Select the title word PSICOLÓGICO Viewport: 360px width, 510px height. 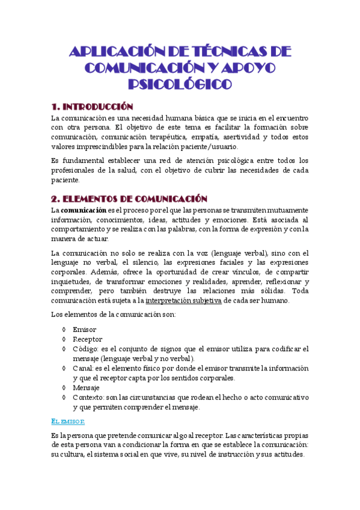(x=180, y=83)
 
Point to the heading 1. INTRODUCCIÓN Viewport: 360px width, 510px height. (x=100, y=106)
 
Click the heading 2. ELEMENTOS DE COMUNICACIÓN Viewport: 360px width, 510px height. (x=129, y=198)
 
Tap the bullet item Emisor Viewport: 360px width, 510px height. (x=84, y=330)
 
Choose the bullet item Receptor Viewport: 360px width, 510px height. (x=88, y=339)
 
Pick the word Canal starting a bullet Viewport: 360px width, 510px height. (x=83, y=368)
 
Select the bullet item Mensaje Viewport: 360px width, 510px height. (x=87, y=388)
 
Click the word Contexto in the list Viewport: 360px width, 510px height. (x=88, y=398)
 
